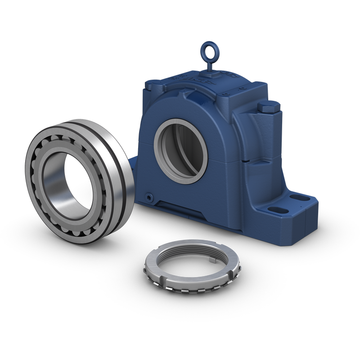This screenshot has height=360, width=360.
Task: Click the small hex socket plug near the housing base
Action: [148, 197]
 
